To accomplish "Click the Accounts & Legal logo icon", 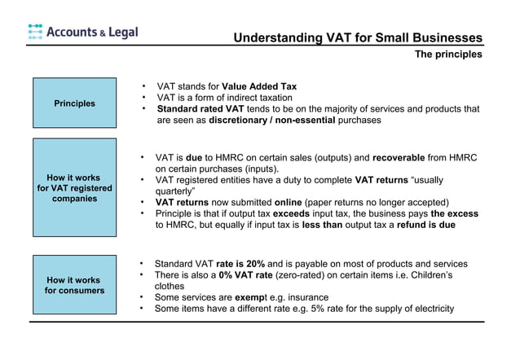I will [x=35, y=32].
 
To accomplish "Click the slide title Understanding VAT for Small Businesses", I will [x=357, y=38].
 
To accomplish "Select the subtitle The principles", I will [x=448, y=55].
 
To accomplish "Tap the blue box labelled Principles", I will [x=74, y=103].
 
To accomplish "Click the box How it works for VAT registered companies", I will [x=74, y=187].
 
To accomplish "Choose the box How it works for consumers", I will [x=74, y=285].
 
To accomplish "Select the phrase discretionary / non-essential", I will [x=271, y=120].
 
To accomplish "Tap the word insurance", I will [x=305, y=297].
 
